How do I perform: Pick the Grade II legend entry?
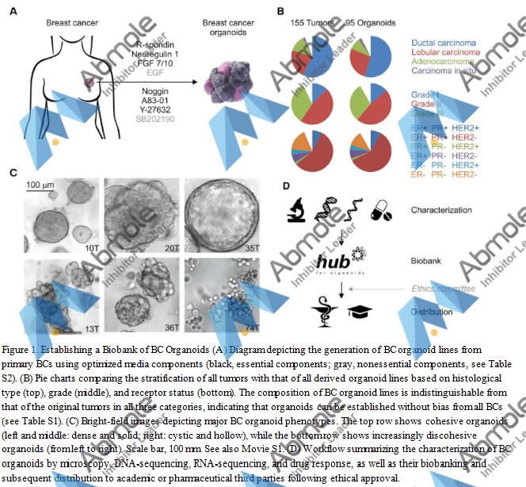(x=429, y=104)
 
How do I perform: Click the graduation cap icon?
(x=365, y=313)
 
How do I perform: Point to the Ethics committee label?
(x=445, y=288)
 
